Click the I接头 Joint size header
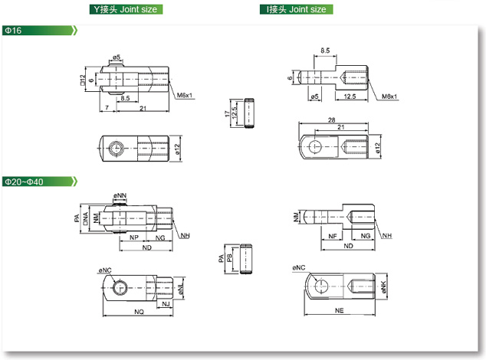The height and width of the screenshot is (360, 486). pos(295,9)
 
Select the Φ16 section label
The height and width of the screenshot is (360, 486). pos(13,30)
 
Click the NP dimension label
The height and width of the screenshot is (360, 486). pos(135,238)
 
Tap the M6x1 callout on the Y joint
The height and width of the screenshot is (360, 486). pos(185,96)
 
